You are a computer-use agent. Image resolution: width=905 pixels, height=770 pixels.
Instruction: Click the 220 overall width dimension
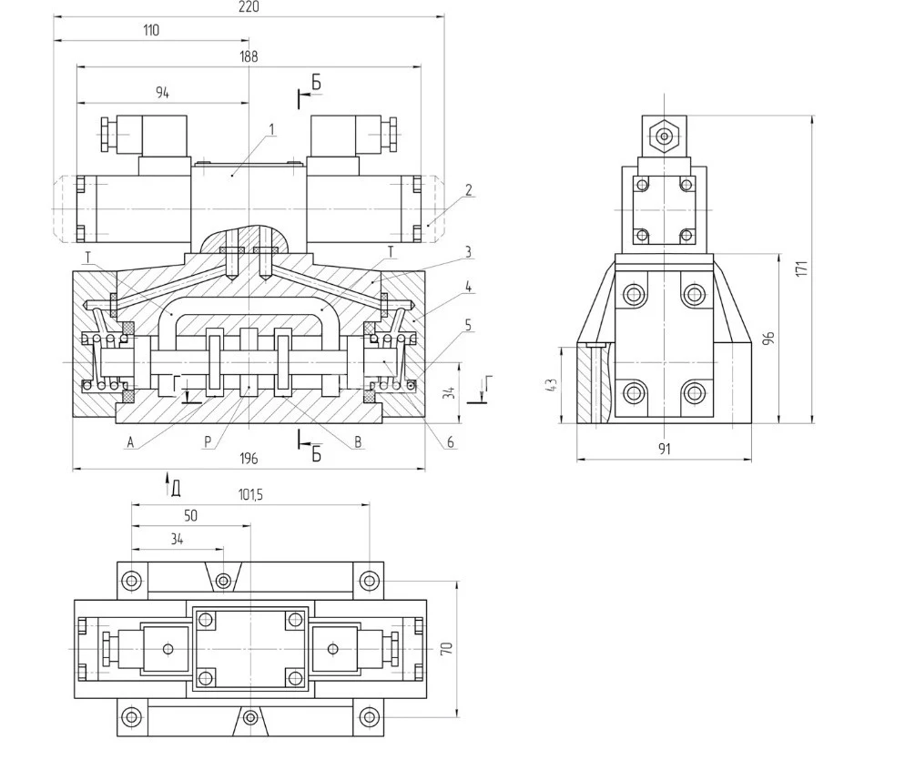pos(249,7)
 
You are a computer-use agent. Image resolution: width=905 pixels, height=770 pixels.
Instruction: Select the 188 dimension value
pos(249,56)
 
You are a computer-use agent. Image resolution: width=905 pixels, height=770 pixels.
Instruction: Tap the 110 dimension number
pos(151,30)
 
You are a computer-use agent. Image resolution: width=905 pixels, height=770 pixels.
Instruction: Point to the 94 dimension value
pos(163,92)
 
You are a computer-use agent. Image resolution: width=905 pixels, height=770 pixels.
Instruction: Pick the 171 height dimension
pos(801,269)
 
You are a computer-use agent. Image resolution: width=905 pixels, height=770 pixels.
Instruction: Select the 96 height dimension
pos(768,339)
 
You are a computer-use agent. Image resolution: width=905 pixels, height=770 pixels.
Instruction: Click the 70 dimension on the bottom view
pos(445,648)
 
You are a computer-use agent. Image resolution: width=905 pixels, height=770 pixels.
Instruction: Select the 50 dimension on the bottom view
pos(190,515)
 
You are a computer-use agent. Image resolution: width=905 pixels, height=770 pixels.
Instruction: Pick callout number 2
pos(468,190)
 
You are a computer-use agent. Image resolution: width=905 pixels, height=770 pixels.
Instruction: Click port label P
pos(208,442)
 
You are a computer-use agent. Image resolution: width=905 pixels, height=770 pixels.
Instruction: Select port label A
pos(130,442)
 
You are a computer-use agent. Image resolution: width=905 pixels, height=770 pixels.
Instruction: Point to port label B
pos(358,442)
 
